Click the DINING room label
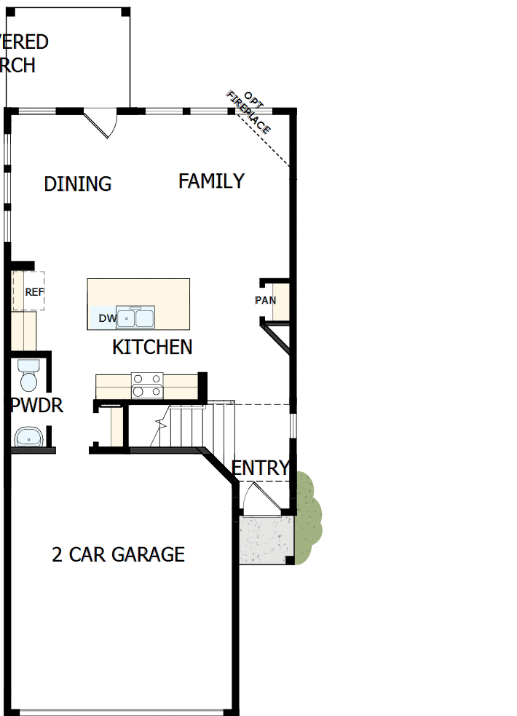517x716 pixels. [x=78, y=184]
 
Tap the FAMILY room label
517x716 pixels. [x=211, y=181]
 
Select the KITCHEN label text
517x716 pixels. [x=152, y=347]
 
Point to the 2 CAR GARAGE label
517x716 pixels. [x=118, y=554]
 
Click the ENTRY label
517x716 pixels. [x=261, y=468]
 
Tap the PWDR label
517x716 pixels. [x=36, y=406]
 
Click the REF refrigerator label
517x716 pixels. [x=34, y=292]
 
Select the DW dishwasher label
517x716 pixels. [x=107, y=318]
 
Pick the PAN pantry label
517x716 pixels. [x=265, y=300]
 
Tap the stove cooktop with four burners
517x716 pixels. [x=147, y=385]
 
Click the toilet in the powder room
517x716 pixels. [x=29, y=376]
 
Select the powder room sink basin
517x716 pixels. [x=29, y=436]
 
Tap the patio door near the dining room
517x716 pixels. [x=102, y=122]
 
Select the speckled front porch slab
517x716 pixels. [x=267, y=539]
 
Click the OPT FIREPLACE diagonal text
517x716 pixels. [x=248, y=112]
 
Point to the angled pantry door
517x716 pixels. [x=276, y=339]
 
